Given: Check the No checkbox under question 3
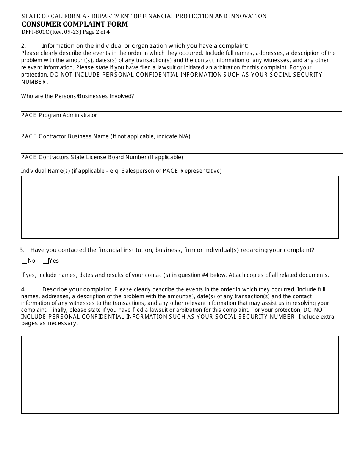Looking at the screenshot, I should coord(25,261).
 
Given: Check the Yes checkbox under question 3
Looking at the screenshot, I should coord(46,261).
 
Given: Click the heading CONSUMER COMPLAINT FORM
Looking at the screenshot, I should coord(75,24).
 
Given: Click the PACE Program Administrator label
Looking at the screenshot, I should coord(59,115).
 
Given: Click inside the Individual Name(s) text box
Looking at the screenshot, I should coord(180,207).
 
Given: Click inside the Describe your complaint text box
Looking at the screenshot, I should coord(180,374).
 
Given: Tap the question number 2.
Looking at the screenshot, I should coord(23,46).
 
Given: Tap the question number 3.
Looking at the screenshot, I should coord(22,250).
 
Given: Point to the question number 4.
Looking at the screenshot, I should coord(23,289).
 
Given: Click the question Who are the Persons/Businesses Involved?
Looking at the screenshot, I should coord(77,96).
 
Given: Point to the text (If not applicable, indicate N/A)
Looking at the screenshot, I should coord(150,136).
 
